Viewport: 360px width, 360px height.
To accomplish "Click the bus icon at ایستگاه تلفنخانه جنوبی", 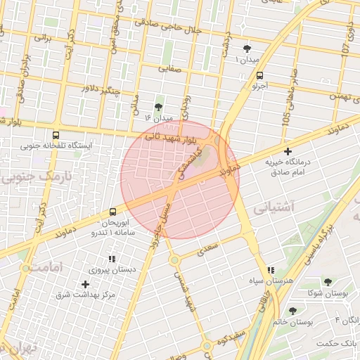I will pos(56,135).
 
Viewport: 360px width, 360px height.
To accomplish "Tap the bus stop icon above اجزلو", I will pos(260,76).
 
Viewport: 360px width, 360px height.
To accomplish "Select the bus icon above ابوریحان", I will pos(112,212).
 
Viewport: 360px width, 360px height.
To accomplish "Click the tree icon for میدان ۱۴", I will pos(158,107).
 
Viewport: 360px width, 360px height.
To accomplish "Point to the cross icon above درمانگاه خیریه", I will pos(288,151).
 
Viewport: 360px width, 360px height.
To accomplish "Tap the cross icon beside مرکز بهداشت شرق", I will pos(86,284).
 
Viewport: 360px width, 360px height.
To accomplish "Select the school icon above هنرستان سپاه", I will pos(271,270).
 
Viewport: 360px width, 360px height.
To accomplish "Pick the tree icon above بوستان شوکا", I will pos(328,282).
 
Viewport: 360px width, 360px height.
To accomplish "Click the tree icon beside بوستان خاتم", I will pos(293,311).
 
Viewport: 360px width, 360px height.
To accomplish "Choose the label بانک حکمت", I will pos(337,343).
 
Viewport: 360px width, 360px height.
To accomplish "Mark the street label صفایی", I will pos(170,69).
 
